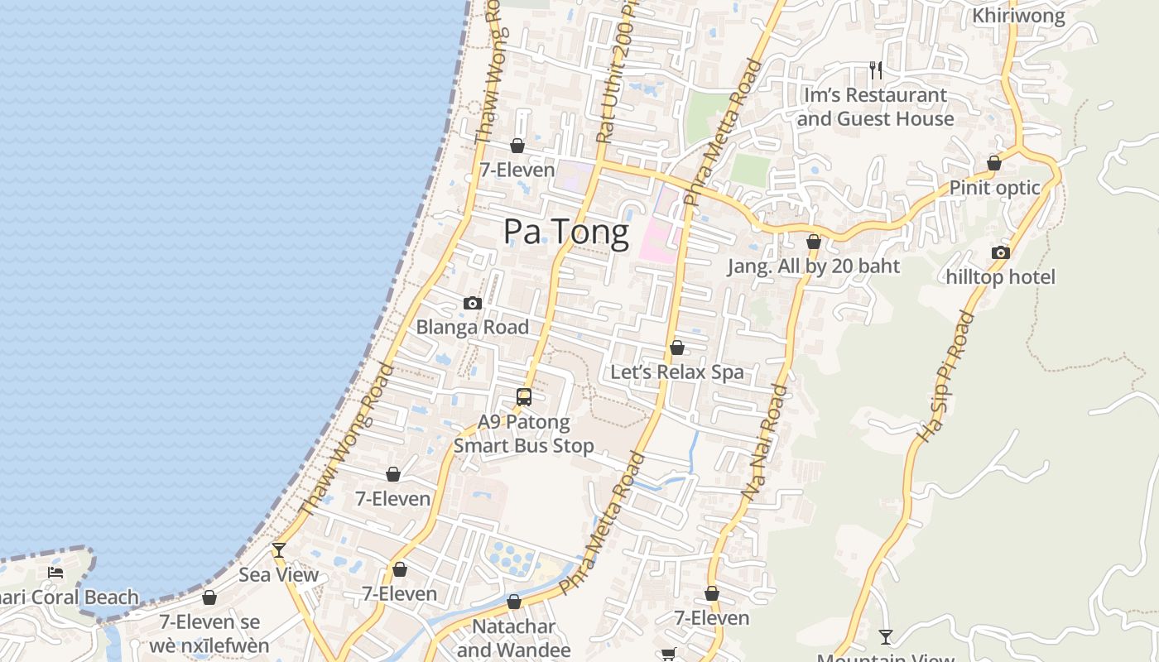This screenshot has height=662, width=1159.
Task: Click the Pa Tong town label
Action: point(566,232)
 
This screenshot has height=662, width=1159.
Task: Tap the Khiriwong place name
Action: point(1018,16)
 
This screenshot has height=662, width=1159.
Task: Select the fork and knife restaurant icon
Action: point(875,70)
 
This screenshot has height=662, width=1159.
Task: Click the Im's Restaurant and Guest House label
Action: point(875,107)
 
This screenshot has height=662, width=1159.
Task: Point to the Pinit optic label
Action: point(994,188)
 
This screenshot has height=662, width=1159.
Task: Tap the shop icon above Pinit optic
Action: point(994,163)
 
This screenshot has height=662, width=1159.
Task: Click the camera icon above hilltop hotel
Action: point(1001,252)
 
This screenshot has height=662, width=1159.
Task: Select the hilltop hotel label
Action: point(1001,277)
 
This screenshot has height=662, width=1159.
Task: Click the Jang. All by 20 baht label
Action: point(814,266)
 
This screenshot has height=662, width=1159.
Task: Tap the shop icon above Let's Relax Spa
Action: point(677,348)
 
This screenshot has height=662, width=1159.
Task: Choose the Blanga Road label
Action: point(472,327)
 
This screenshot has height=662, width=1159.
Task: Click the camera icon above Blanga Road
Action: point(473,303)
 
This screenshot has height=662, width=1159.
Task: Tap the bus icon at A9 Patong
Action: point(524,397)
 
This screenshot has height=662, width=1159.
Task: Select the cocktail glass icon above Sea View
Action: point(279,550)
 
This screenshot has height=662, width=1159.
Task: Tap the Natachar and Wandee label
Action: point(514,638)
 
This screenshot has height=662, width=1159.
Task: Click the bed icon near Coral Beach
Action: point(55,572)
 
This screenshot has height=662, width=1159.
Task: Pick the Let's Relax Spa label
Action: point(677,372)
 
